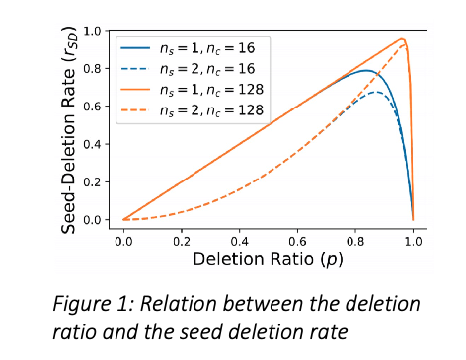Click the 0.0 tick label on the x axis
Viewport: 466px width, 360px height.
coord(123,239)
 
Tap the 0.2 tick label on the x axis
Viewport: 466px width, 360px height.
coord(182,239)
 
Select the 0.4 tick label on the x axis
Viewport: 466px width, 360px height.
coord(240,239)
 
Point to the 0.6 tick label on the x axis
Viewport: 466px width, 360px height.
coord(297,239)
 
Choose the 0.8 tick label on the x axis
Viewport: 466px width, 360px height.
coord(355,239)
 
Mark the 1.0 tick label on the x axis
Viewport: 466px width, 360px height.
coord(413,239)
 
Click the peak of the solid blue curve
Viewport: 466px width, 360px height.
coord(367,70)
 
